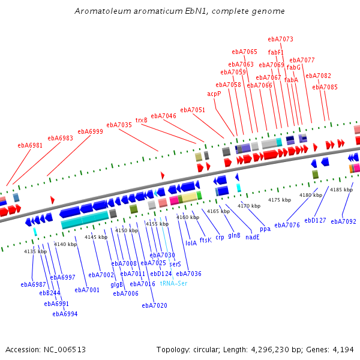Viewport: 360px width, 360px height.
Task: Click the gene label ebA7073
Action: coord(281,39)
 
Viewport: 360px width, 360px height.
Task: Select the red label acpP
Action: coord(214,94)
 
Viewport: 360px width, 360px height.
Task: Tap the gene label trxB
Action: coord(142,120)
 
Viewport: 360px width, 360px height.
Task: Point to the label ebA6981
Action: coord(30,145)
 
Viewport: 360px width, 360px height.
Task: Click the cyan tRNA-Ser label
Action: coord(173,283)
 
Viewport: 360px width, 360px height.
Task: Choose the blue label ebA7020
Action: coord(154,305)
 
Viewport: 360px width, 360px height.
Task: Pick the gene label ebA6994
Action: coord(65,314)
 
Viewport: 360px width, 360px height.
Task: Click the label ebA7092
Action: coord(343,221)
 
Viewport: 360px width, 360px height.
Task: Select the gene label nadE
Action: coord(253,237)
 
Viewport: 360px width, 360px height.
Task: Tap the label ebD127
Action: coord(315,220)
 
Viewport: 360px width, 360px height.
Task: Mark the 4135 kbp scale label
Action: coord(35,251)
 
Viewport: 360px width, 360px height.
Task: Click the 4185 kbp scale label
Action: coord(341,190)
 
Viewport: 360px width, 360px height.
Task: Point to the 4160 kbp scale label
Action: coord(187,217)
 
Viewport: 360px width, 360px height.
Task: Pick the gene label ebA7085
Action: coord(325,87)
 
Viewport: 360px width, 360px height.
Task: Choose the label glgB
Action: coord(117,284)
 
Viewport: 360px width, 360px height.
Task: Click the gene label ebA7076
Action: coord(287,225)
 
